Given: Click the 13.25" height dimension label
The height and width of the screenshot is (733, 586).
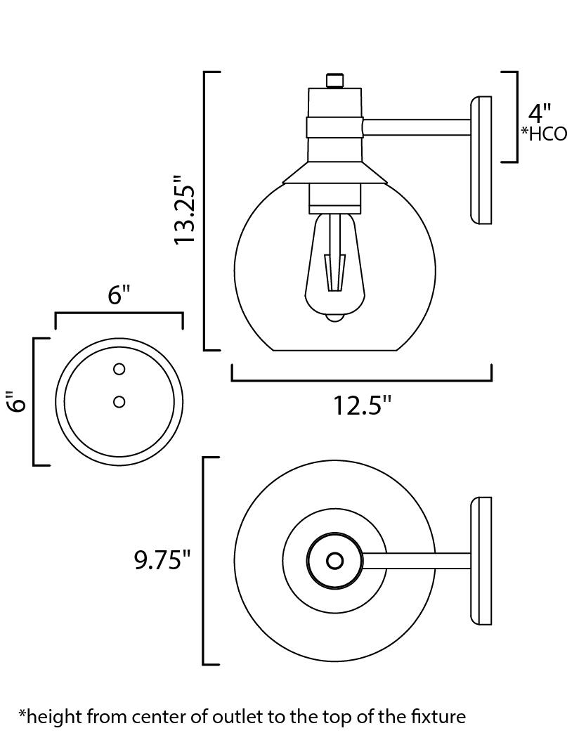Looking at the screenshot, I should pyautogui.click(x=187, y=210).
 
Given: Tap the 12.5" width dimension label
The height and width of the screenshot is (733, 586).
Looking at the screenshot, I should pyautogui.click(x=362, y=406).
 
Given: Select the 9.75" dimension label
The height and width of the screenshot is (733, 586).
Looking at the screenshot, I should pyautogui.click(x=162, y=560).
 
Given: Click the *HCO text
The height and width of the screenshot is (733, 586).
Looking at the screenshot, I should pyautogui.click(x=544, y=134).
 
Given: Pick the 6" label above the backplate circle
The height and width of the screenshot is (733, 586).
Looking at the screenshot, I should pyautogui.click(x=119, y=295).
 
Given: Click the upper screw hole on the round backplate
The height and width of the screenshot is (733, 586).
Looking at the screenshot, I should pyautogui.click(x=119, y=369).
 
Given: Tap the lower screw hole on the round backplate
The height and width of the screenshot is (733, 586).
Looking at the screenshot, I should pyautogui.click(x=119, y=401).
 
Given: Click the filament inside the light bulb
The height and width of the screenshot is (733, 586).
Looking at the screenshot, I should pyautogui.click(x=335, y=271).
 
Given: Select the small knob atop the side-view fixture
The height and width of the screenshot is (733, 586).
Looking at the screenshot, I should pyautogui.click(x=335, y=80).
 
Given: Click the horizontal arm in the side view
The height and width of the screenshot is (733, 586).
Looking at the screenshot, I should pyautogui.click(x=416, y=127).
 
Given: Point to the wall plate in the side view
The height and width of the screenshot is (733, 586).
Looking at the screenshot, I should pyautogui.click(x=481, y=160).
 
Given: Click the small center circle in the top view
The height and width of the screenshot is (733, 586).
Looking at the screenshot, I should pyautogui.click(x=335, y=561).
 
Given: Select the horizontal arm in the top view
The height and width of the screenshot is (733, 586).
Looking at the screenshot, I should pyautogui.click(x=416, y=561).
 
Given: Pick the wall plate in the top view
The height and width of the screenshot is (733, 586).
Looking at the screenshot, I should pyautogui.click(x=482, y=561).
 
